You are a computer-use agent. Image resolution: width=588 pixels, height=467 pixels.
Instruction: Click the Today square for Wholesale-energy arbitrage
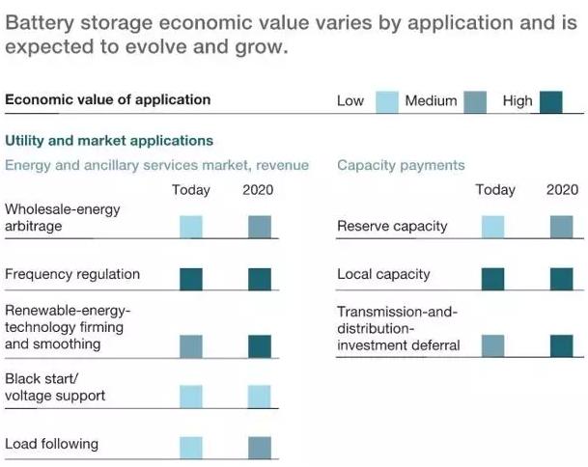tap(191, 227)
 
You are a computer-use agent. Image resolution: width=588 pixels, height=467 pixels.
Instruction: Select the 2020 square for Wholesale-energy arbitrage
tap(260, 227)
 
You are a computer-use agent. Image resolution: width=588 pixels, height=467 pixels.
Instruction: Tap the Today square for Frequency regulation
tap(191, 279)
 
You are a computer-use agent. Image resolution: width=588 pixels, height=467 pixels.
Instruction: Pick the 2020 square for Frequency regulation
tap(260, 279)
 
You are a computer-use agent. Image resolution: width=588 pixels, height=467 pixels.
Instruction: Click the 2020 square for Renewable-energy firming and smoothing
tap(260, 346)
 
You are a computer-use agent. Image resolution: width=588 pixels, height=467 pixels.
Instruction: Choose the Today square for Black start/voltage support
tap(191, 397)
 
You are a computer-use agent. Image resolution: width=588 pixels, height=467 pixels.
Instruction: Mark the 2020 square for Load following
tap(260, 448)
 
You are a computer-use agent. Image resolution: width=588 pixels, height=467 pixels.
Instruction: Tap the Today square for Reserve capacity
tap(492, 227)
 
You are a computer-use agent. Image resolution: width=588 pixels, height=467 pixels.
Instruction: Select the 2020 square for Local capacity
tap(561, 279)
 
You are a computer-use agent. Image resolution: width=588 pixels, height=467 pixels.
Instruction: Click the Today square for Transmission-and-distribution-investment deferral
tap(492, 346)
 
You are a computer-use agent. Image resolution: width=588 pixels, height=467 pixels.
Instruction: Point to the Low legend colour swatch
tap(386, 101)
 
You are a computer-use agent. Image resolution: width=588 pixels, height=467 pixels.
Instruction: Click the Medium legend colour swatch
tap(475, 101)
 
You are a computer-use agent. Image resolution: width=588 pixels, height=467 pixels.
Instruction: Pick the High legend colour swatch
tap(551, 101)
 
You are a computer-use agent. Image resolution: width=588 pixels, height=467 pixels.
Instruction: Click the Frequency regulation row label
tap(72, 274)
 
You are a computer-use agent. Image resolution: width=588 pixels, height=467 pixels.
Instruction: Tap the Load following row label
tap(51, 444)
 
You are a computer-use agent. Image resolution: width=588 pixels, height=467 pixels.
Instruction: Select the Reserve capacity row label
tap(392, 226)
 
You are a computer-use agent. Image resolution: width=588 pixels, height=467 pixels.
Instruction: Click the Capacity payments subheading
tap(401, 165)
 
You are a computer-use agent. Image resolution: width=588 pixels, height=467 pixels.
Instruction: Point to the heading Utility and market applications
tap(109, 140)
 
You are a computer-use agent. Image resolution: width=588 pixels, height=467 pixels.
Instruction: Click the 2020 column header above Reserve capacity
tap(562, 189)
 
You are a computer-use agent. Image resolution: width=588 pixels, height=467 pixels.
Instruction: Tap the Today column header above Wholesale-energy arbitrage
tap(191, 189)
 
